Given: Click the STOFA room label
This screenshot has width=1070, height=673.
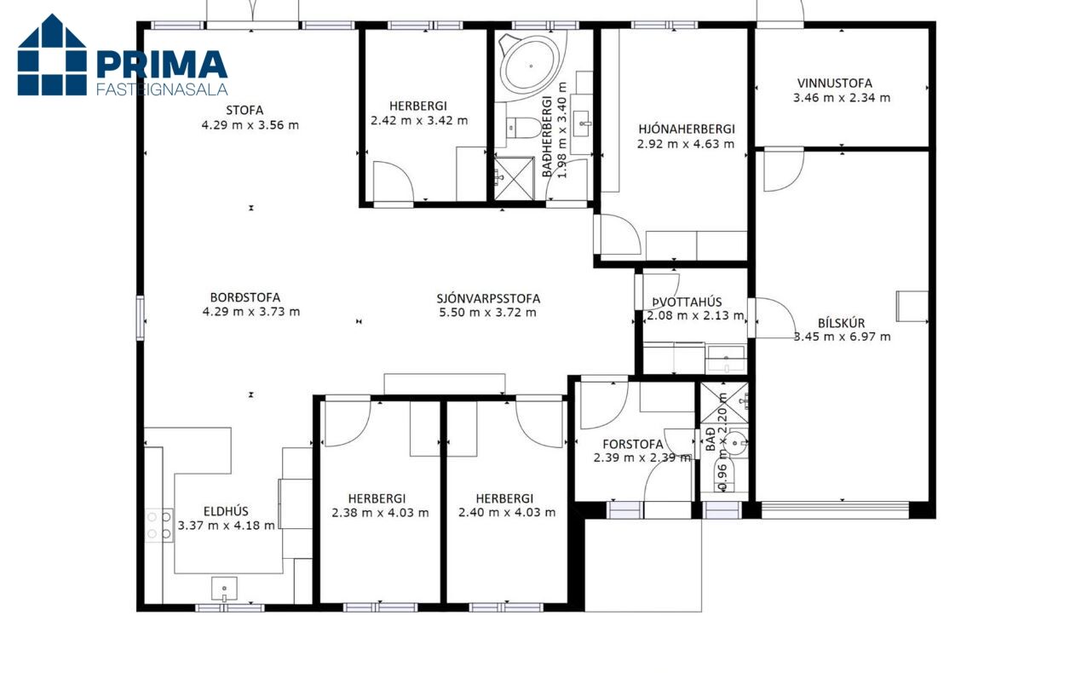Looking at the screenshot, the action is click(x=244, y=111).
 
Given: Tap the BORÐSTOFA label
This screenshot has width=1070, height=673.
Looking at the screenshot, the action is click(x=245, y=297).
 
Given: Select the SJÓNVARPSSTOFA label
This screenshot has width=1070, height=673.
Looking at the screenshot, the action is click(x=488, y=298).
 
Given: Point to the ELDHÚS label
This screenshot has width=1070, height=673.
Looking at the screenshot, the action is click(x=226, y=511).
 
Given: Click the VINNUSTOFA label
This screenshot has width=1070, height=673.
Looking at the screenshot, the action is click(x=835, y=83).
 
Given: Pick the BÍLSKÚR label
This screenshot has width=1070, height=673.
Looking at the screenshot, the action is click(x=841, y=323).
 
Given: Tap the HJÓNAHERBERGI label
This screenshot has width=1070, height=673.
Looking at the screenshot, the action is click(x=687, y=129).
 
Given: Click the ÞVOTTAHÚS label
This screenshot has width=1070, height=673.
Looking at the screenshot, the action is click(x=687, y=302).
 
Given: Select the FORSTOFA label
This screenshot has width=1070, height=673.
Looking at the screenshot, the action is click(x=633, y=445).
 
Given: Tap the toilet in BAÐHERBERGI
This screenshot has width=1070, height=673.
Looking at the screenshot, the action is click(x=524, y=128).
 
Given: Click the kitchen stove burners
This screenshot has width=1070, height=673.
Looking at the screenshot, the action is click(x=159, y=525).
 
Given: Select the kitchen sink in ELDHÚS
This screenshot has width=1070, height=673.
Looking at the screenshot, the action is click(x=224, y=589).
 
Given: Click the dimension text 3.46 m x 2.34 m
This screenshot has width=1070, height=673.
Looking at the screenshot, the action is click(x=842, y=98).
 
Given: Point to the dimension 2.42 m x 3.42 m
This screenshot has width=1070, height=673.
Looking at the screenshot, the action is click(x=419, y=120).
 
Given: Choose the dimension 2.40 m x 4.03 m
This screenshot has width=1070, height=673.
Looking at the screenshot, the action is click(x=507, y=513).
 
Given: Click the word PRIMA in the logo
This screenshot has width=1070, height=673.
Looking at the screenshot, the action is click(x=162, y=65).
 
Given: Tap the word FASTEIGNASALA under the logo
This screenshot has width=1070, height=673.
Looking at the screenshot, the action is click(x=162, y=89).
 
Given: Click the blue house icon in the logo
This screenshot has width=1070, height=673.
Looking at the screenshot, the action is click(x=52, y=55).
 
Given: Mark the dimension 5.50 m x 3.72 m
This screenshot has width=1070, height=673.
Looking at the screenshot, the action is click(x=487, y=313).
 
